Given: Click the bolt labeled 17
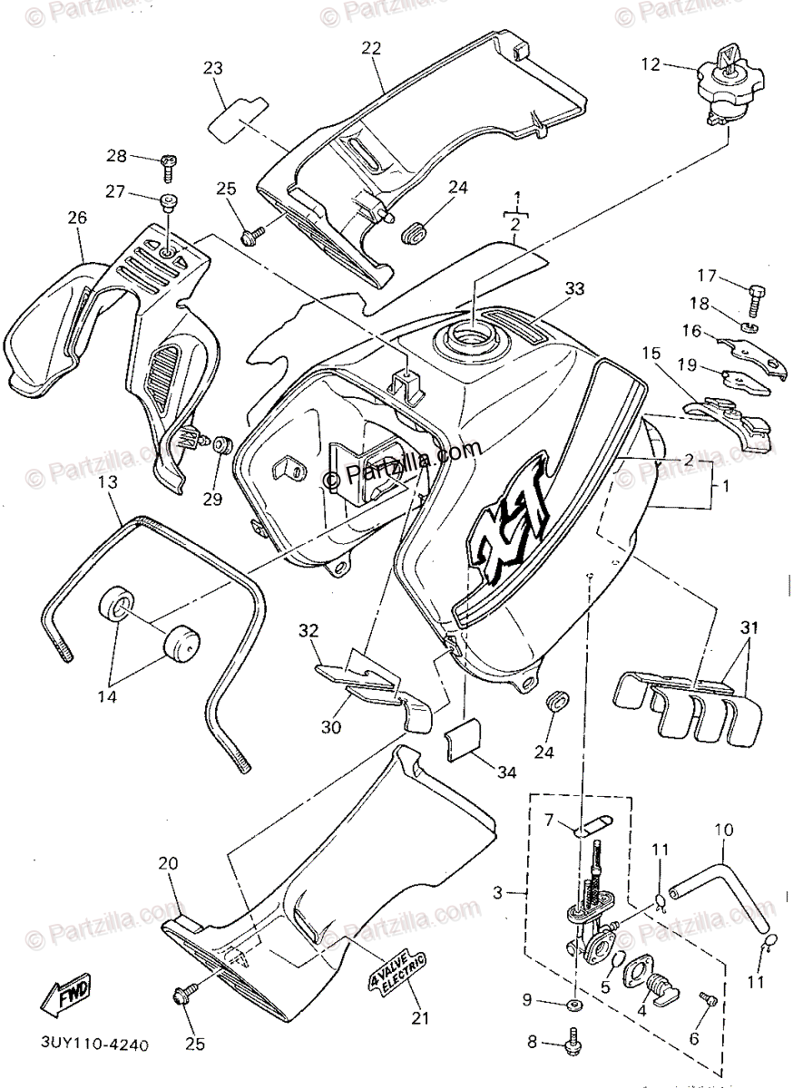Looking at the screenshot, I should [755, 294].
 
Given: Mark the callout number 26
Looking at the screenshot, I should [77, 218].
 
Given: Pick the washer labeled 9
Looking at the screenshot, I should [574, 1006].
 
